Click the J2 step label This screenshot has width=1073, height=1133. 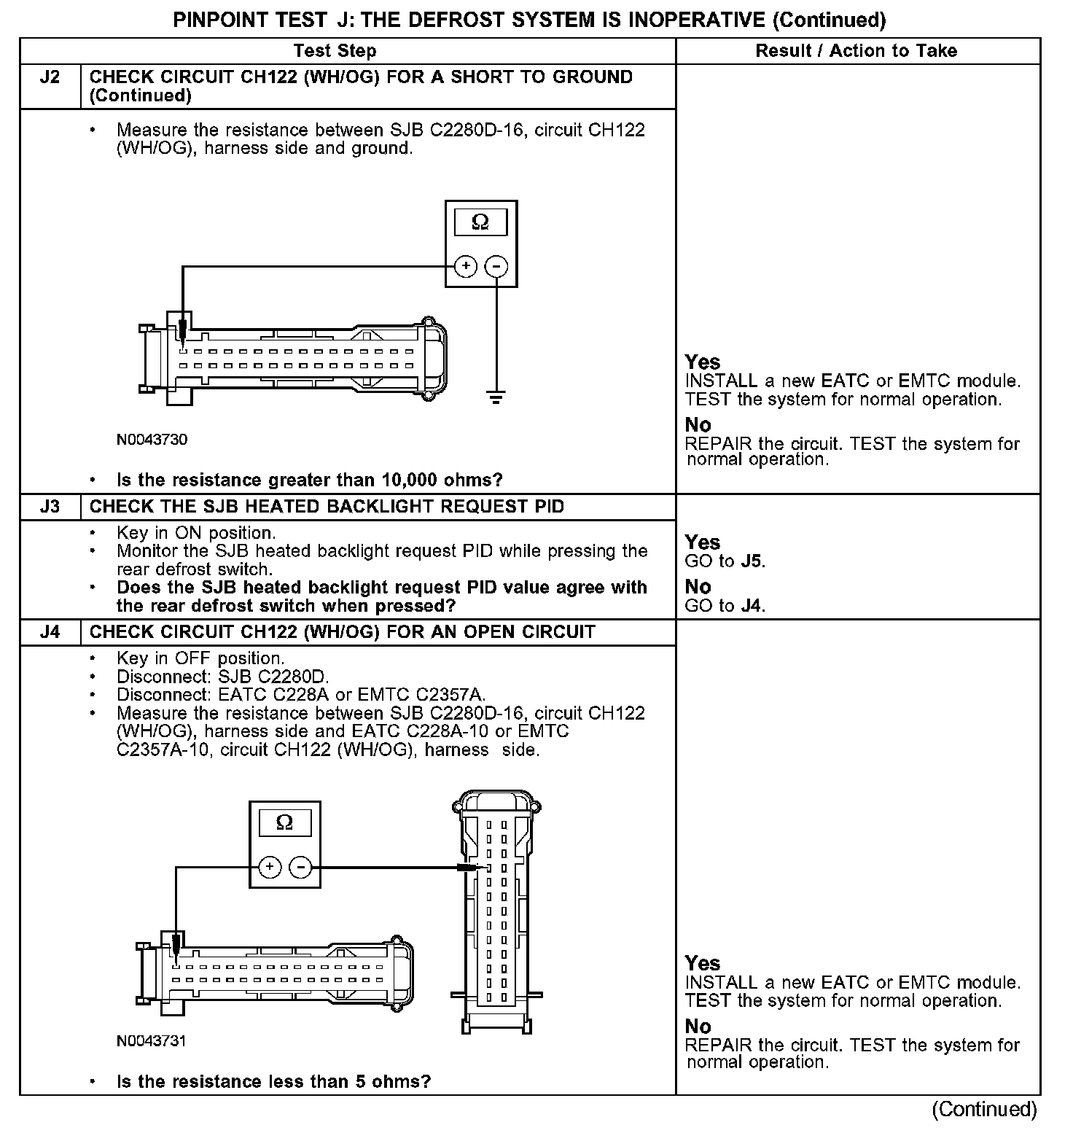(x=50, y=77)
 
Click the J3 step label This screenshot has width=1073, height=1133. (x=50, y=507)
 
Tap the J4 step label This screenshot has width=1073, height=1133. (x=50, y=632)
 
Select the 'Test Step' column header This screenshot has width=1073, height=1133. (x=335, y=51)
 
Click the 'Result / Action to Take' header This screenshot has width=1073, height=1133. (x=857, y=51)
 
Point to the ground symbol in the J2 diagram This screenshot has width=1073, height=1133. (x=496, y=397)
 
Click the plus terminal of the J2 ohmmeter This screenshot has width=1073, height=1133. (x=466, y=267)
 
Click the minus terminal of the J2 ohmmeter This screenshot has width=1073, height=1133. (x=496, y=267)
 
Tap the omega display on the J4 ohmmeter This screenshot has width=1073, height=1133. (x=285, y=823)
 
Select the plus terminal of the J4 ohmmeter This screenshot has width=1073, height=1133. (x=270, y=867)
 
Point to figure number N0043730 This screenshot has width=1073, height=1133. (x=152, y=440)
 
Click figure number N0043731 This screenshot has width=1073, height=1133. (x=152, y=1041)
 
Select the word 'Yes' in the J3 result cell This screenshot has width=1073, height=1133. (x=702, y=542)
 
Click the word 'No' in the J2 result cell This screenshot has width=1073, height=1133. (x=698, y=425)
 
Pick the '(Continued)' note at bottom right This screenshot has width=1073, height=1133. (x=984, y=1109)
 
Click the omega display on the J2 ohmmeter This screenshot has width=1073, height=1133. (x=480, y=222)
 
